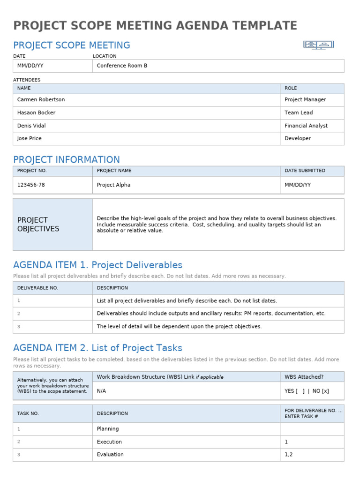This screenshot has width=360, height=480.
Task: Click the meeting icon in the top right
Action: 319,45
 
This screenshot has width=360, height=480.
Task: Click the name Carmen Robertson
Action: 41,99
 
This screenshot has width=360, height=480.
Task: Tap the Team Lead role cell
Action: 299,112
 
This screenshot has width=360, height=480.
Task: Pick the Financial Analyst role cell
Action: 306,126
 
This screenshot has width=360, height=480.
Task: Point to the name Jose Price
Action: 29,138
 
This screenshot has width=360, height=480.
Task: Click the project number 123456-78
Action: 31,185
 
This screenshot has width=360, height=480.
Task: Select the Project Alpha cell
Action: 113,185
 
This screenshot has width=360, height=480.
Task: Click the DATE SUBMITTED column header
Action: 305,171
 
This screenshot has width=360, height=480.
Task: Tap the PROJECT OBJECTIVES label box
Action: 52,224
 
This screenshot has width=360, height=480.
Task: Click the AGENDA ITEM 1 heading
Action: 97,265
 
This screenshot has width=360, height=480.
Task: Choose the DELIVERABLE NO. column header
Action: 37,288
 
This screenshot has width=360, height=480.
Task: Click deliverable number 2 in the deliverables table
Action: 19,314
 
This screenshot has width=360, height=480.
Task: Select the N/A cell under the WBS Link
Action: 101,390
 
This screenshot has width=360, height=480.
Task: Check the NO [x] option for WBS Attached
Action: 320,390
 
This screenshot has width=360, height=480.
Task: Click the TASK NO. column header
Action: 28,413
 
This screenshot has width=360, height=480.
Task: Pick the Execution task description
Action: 109,442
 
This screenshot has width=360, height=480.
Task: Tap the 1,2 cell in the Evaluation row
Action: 289,454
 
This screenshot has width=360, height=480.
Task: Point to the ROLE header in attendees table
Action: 291,88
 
